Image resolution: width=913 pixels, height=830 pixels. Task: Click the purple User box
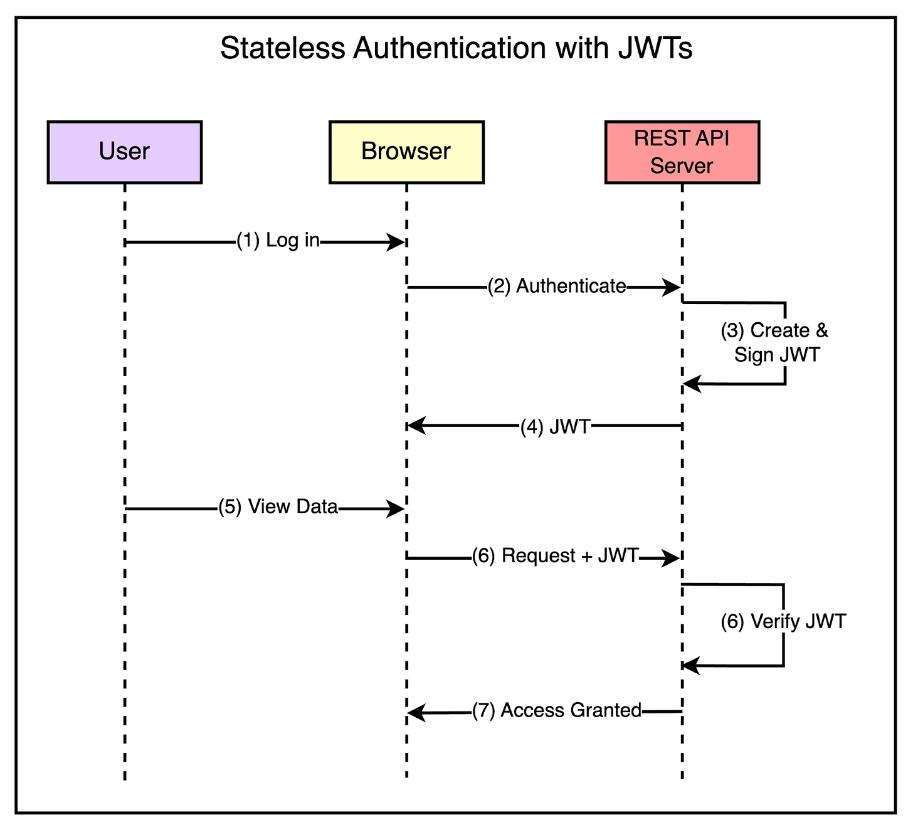(x=124, y=152)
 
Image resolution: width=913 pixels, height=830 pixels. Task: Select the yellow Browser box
(x=406, y=152)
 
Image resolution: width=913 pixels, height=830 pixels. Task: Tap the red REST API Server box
(x=682, y=152)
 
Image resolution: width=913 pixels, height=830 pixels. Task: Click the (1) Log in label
(x=278, y=241)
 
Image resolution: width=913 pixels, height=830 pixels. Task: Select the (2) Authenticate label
(x=557, y=286)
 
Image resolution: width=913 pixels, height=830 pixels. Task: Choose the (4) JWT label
(x=556, y=427)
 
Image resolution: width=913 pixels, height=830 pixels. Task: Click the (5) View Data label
(x=278, y=507)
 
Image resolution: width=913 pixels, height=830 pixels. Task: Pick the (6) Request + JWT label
(x=555, y=556)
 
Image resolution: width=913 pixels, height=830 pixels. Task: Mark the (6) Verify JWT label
(x=783, y=622)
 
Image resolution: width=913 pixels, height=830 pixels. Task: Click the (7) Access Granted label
(x=557, y=711)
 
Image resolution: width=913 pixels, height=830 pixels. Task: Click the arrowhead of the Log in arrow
(x=396, y=242)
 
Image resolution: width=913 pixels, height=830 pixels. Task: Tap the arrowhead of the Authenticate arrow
(x=672, y=288)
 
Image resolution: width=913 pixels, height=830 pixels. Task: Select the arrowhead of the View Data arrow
(x=396, y=509)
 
